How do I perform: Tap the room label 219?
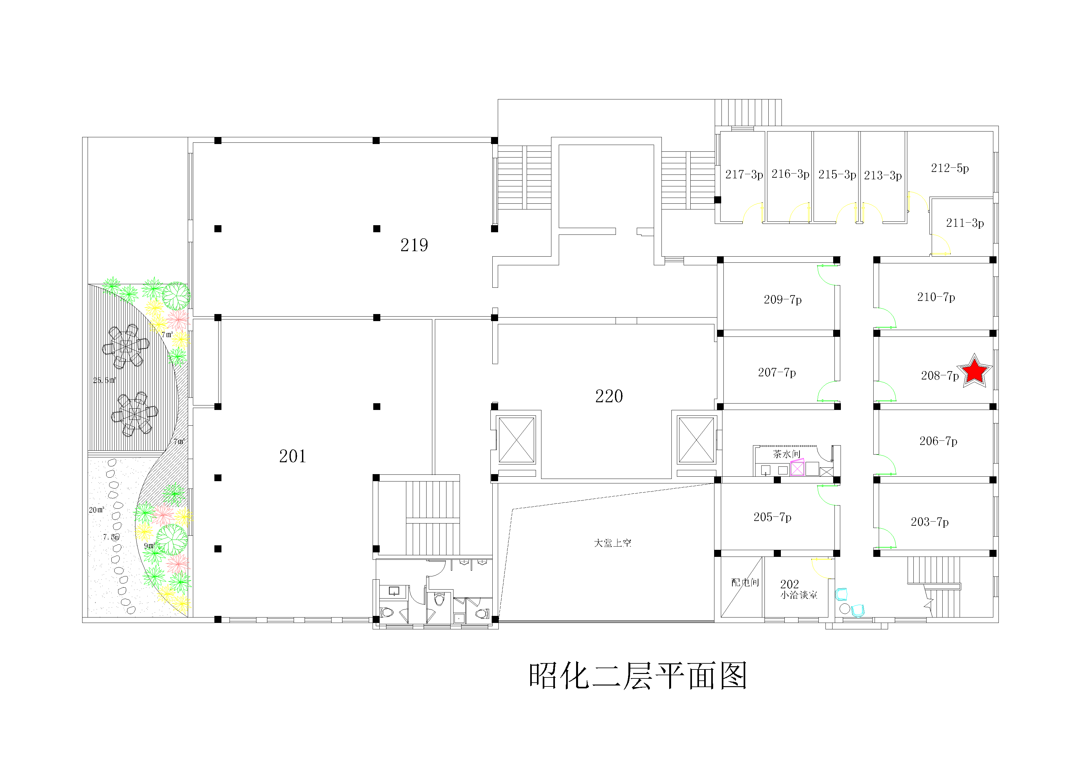point(414,245)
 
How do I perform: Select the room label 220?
point(609,396)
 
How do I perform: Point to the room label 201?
point(292,456)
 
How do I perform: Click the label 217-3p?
point(744,174)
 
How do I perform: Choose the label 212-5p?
point(950,168)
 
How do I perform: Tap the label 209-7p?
point(782,299)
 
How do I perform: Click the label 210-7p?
point(936,297)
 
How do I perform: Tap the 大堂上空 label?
point(613,543)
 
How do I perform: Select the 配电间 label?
point(745,582)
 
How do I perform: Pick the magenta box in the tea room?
point(797,468)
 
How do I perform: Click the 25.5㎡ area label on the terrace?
point(104,380)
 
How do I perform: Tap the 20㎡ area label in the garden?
point(97,510)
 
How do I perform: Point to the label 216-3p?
point(790,174)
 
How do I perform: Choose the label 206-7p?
point(938,441)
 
